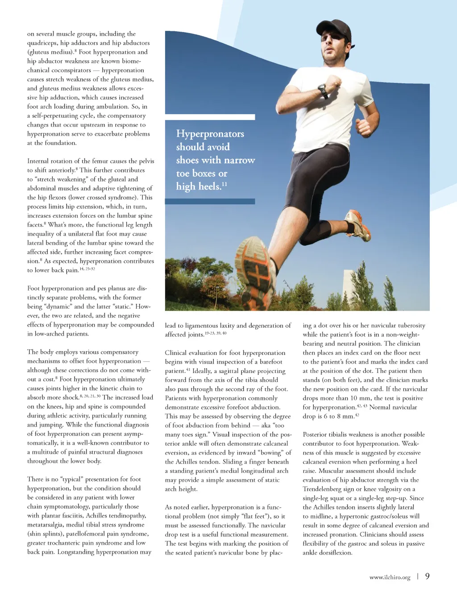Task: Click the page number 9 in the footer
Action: (427, 576)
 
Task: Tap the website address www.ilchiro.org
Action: (390, 577)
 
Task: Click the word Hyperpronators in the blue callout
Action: (210, 134)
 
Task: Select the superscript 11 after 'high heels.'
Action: (224, 184)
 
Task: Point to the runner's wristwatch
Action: (323, 91)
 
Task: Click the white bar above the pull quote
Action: (210, 117)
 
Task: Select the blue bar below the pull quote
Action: (210, 201)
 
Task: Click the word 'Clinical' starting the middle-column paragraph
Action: (177, 353)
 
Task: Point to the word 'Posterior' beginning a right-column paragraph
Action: (316, 435)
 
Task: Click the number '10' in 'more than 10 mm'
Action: (353, 398)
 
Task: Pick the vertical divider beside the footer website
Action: (418, 576)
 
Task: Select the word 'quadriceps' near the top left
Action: (42, 43)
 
